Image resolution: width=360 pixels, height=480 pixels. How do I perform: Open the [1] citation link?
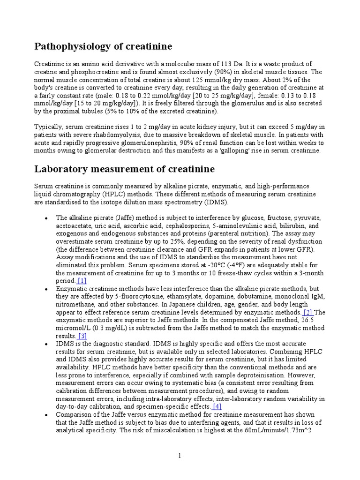point(82,281)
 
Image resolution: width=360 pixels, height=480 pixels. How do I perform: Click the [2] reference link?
point(307,312)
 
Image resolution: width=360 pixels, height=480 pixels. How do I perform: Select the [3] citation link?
point(82,336)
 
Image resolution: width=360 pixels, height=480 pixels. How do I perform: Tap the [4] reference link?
point(217,406)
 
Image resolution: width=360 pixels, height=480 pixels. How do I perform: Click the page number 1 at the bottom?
point(180,456)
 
